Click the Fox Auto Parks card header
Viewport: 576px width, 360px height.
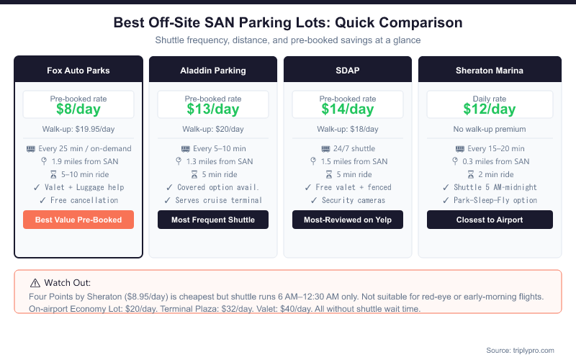click(x=78, y=71)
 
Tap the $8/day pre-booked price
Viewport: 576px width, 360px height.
click(x=78, y=109)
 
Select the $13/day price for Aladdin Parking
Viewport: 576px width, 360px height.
click(x=213, y=109)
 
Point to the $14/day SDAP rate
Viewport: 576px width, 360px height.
click(x=348, y=109)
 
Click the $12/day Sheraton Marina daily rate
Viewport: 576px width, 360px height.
click(x=490, y=109)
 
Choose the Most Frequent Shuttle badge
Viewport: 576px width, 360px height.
click(x=213, y=220)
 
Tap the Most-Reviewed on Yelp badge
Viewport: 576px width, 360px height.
click(x=348, y=220)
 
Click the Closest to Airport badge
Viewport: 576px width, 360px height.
click(x=490, y=220)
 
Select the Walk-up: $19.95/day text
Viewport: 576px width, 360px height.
click(x=78, y=130)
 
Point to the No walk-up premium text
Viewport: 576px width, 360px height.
click(x=490, y=130)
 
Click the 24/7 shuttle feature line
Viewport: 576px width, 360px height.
click(x=348, y=148)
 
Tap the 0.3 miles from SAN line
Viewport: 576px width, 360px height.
click(x=490, y=161)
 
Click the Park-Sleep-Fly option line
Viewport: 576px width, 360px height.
click(x=490, y=200)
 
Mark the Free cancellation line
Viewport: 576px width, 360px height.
click(x=78, y=200)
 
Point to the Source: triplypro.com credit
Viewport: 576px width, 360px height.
click(x=520, y=350)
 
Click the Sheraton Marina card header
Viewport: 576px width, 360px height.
click(x=490, y=71)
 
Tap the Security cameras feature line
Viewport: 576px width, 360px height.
click(x=348, y=200)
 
